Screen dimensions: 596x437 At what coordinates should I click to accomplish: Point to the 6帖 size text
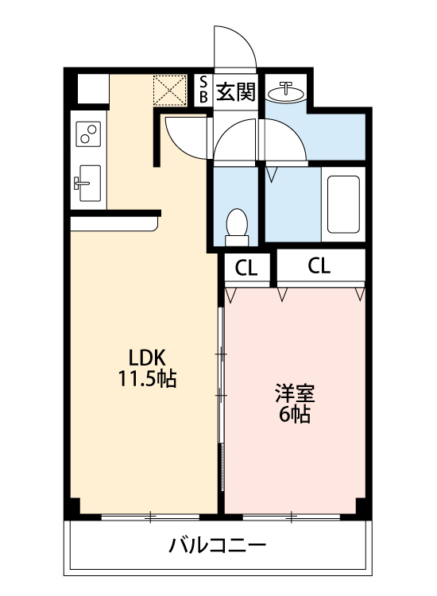(295, 413)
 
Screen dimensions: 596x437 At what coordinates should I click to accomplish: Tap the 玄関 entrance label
(235, 93)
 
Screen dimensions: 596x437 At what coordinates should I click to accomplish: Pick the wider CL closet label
(319, 266)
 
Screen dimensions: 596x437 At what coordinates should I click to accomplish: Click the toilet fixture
(237, 224)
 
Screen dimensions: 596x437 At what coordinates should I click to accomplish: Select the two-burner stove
(87, 134)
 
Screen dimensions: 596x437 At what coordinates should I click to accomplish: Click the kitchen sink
(87, 185)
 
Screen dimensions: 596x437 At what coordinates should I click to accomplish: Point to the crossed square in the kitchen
(168, 89)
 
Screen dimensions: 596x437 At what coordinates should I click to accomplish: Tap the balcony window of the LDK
(149, 517)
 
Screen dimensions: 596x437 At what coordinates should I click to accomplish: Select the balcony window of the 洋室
(291, 517)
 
